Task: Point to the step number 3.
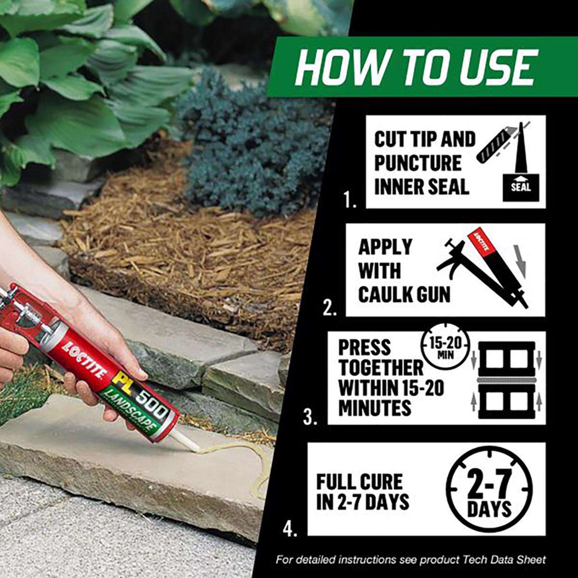[310, 417]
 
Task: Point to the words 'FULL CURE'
[359, 482]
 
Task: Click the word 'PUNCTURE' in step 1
[418, 163]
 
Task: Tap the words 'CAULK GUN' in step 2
[404, 294]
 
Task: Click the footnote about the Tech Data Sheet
[411, 560]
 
